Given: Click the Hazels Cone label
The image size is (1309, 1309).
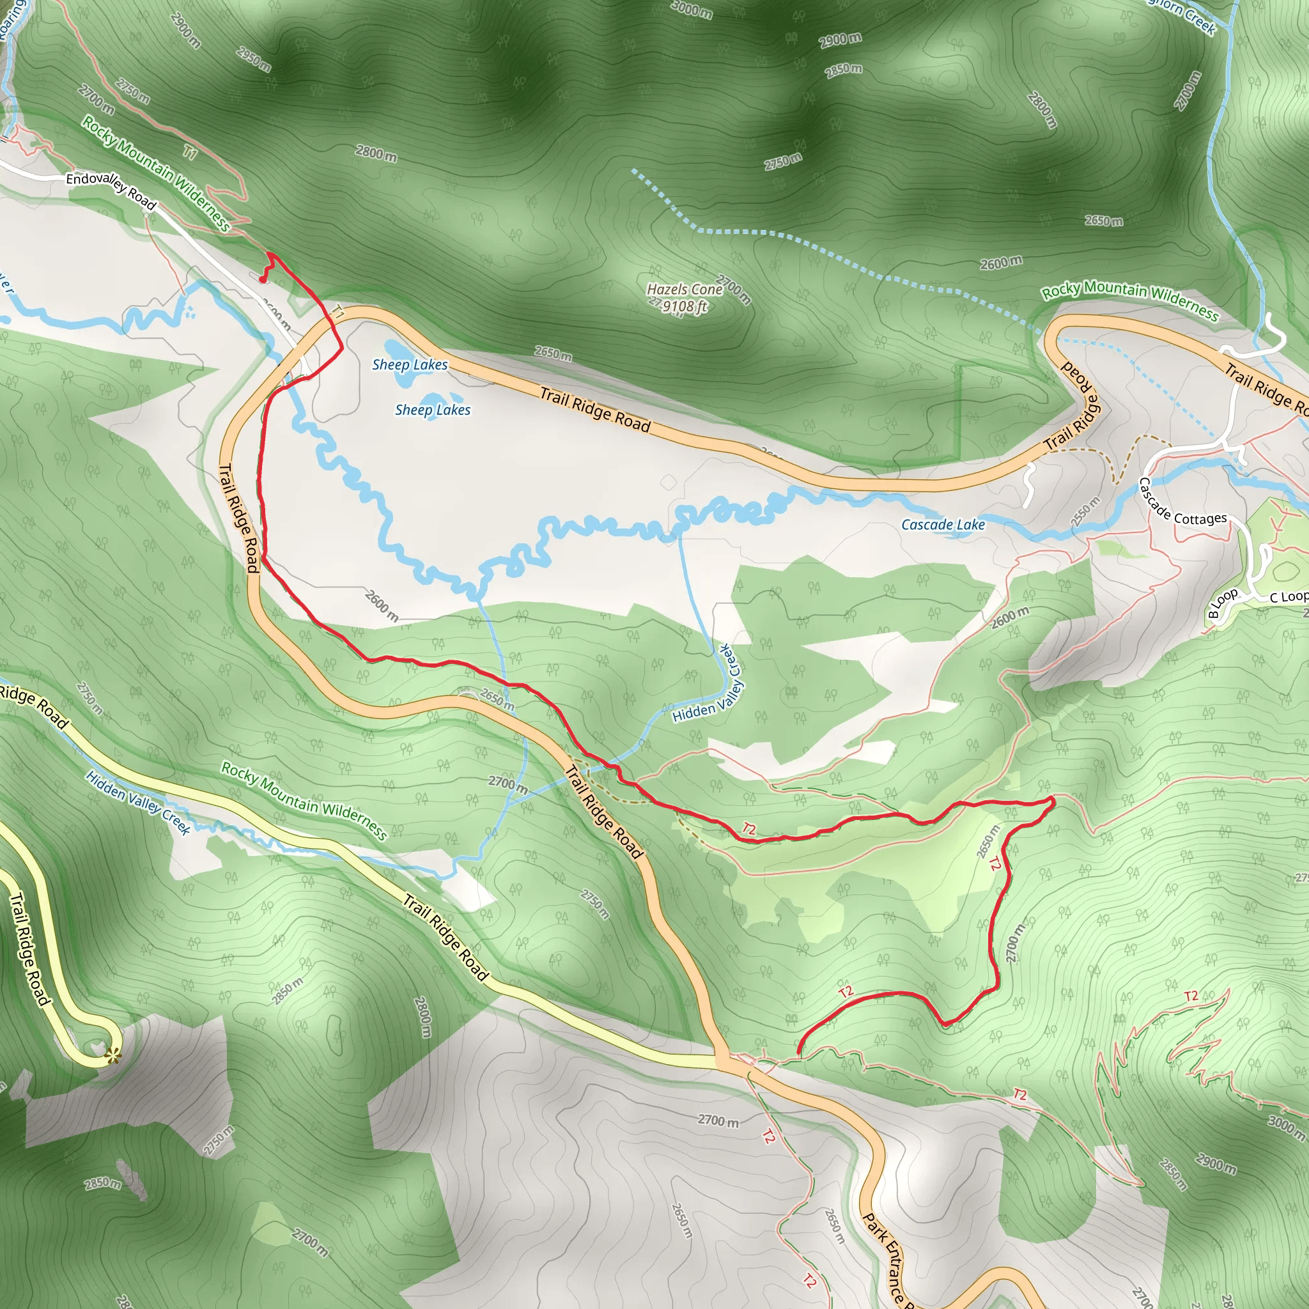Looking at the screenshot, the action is pos(685,290).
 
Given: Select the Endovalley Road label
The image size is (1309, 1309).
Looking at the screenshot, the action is pos(111,190).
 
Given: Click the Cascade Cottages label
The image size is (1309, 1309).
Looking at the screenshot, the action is pos(1182,504).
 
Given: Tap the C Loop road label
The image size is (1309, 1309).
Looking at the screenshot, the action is pos(1288,596).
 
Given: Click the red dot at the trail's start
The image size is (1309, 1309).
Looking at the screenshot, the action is pos(262,279).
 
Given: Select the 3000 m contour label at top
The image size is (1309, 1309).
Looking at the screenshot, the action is pos(692,10).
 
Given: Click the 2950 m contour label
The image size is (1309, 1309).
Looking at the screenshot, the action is pos(254,59).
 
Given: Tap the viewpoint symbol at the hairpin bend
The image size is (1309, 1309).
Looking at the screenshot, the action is pos(113,1055).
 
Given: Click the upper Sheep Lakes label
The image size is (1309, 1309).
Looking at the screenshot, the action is pos(410,364).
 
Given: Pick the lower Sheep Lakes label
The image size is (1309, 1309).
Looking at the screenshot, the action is pos(432,410).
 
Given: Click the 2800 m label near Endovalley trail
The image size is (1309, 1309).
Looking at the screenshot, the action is pos(376,153).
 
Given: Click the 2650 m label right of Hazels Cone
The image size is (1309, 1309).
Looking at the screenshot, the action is pos(1104,221).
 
